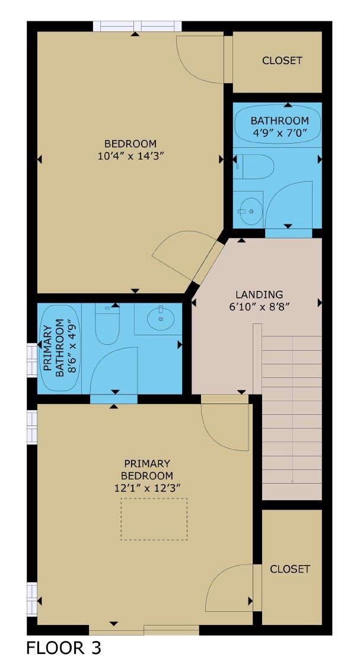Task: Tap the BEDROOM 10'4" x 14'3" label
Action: pyautogui.click(x=130, y=150)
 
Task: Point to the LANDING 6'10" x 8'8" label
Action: pyautogui.click(x=259, y=300)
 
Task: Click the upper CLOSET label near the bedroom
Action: pyautogui.click(x=282, y=61)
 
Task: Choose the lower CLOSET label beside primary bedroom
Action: pyautogui.click(x=290, y=569)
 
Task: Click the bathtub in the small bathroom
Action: pyautogui.click(x=278, y=123)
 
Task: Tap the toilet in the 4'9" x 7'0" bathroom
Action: pyautogui.click(x=253, y=167)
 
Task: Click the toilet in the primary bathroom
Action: pyautogui.click(x=107, y=326)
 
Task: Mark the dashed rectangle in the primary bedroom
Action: pyautogui.click(x=154, y=519)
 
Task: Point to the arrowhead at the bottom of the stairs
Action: pyautogui.click(x=292, y=481)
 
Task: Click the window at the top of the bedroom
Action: pyautogui.click(x=137, y=26)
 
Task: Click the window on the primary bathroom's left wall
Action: pyautogui.click(x=31, y=360)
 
